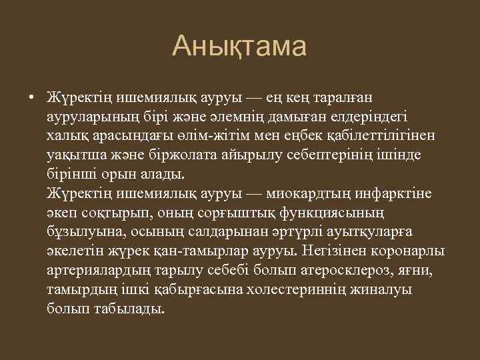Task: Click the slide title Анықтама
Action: coord(239,47)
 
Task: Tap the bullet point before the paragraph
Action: coord(31,97)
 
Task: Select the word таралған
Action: coord(376,97)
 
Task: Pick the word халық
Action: coord(65,136)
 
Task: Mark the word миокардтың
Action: coord(305,194)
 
